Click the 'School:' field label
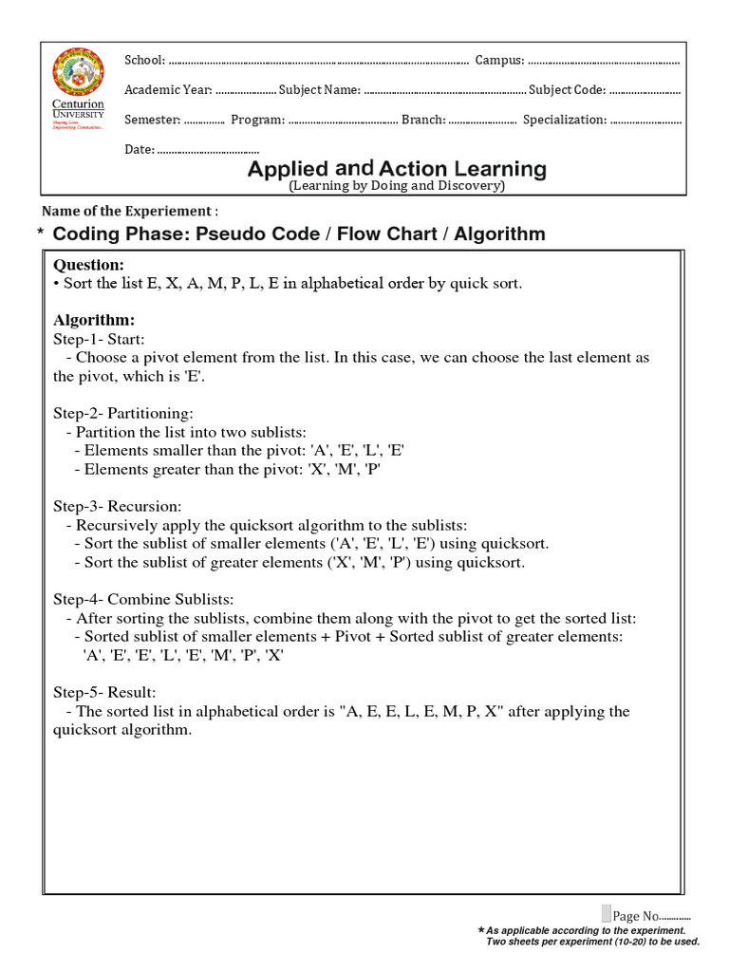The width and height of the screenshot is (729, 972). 145,61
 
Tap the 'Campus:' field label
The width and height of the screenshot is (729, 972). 499,61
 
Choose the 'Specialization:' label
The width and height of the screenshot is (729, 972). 565,120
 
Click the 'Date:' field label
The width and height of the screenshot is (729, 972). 140,149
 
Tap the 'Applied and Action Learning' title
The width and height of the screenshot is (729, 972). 397,169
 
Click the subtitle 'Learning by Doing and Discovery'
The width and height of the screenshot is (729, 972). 397,186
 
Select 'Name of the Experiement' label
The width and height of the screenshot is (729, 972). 130,211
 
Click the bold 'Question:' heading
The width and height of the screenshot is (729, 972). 88,265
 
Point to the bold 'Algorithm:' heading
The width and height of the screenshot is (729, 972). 94,320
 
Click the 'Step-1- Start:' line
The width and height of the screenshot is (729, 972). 99,339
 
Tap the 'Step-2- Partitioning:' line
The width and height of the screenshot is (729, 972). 123,414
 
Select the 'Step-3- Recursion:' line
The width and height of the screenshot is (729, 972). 117,506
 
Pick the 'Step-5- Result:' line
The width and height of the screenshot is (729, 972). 104,692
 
